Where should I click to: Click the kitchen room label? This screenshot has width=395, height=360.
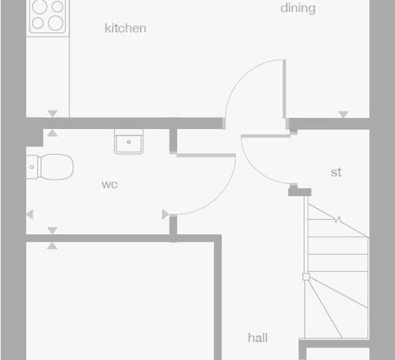[125, 28]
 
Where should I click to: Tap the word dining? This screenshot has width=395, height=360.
[298, 9]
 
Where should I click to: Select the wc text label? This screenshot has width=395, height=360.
[110, 184]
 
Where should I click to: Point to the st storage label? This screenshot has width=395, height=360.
[336, 172]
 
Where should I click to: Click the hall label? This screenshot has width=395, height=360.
[258, 338]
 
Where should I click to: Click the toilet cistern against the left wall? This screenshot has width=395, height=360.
[32, 167]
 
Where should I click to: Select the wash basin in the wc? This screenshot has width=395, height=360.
[129, 142]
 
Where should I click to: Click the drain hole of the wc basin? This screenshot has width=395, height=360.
[129, 142]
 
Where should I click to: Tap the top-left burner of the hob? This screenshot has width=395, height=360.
[40, 7]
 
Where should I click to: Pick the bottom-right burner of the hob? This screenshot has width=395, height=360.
[56, 23]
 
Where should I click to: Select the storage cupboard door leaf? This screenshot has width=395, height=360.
[266, 136]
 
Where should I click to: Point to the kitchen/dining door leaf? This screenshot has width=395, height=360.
[284, 89]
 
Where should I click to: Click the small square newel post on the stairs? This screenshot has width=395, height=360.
[306, 277]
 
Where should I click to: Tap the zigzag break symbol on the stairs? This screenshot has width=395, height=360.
[337, 220]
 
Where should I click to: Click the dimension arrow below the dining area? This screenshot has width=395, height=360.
[343, 114]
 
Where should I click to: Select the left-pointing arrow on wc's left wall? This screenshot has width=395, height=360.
[30, 214]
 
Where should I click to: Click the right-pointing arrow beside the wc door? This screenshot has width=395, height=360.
[166, 214]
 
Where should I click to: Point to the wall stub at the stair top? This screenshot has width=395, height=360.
[299, 192]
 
